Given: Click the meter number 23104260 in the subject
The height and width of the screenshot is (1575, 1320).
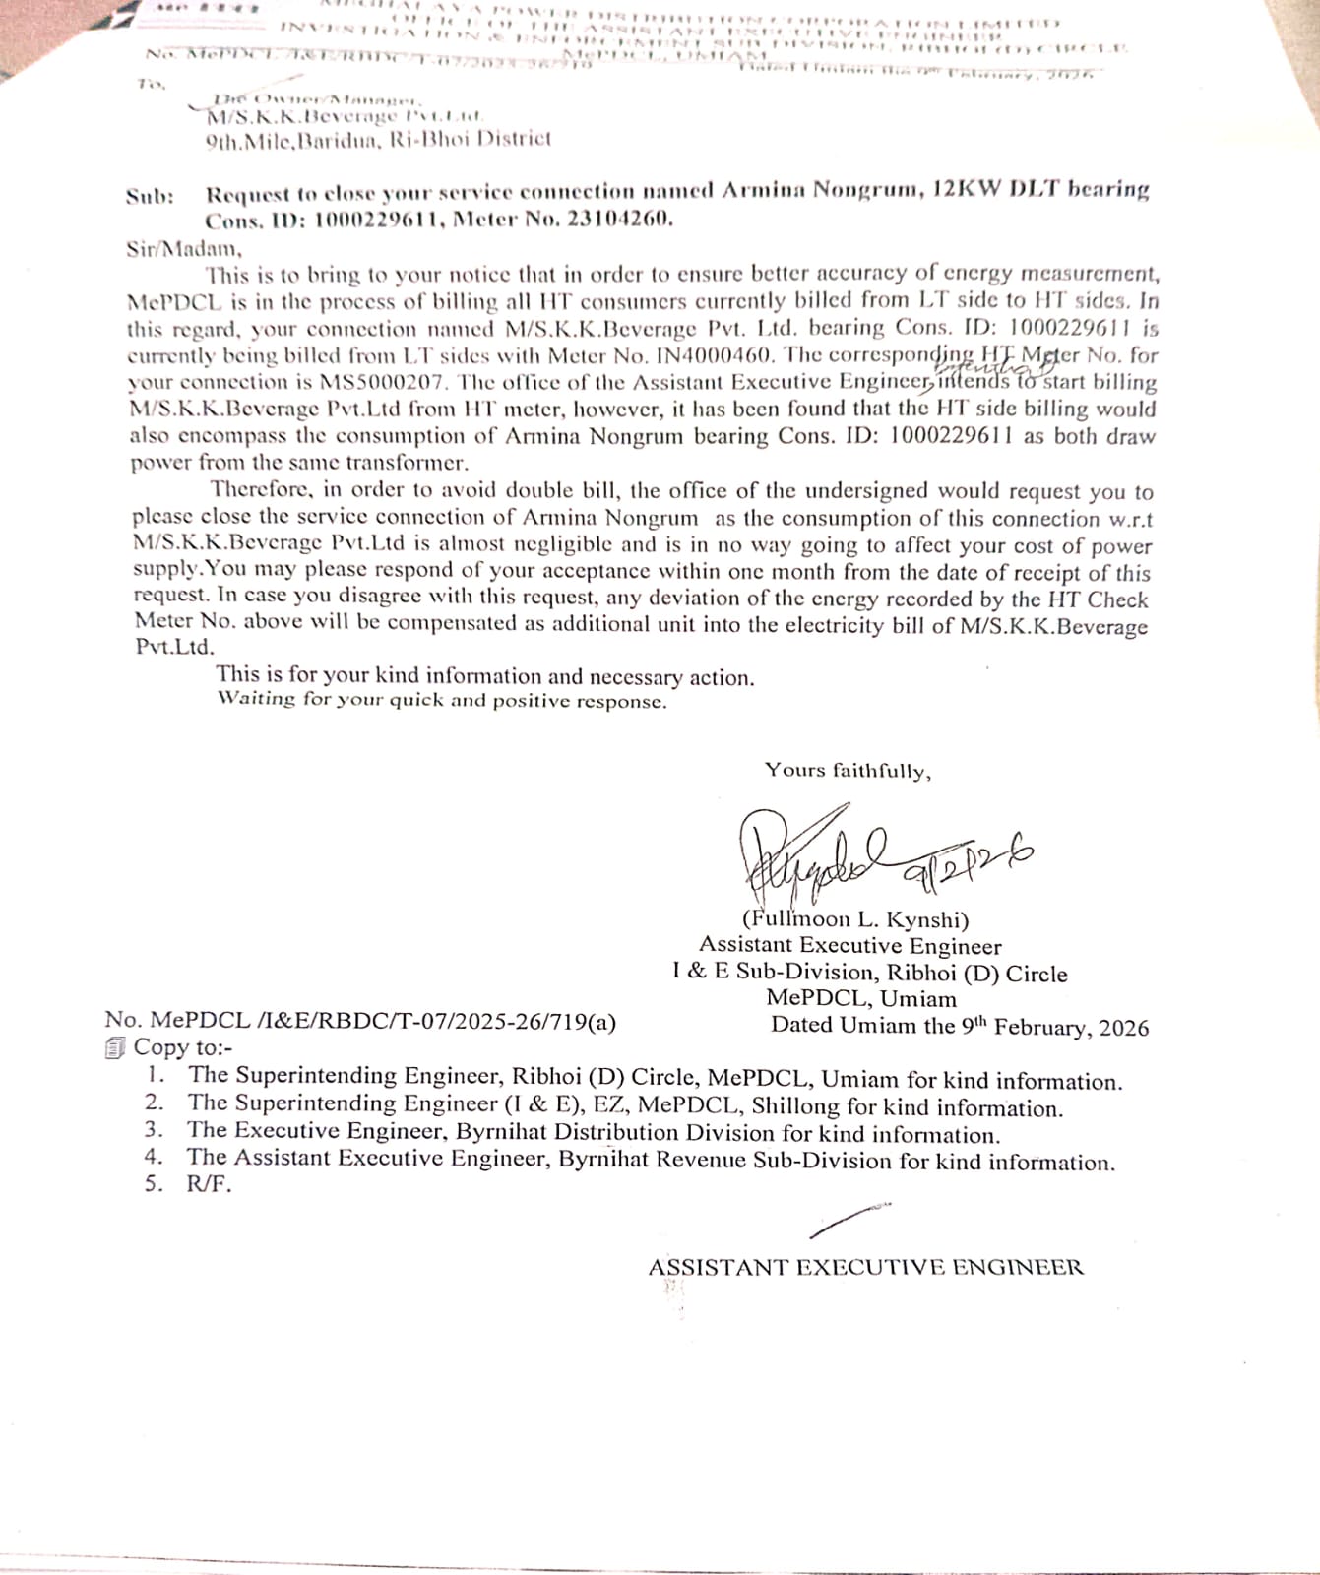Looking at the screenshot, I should [x=619, y=218].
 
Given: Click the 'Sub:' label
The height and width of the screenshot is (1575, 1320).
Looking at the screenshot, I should [x=150, y=196].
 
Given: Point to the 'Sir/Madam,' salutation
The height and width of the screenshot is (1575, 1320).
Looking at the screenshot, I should [x=183, y=248].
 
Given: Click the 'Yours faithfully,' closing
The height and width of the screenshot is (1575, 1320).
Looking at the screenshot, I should [x=848, y=770].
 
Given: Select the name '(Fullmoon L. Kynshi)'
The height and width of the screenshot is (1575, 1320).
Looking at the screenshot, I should [x=855, y=919].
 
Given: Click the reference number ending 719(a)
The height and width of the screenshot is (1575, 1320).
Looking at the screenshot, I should [x=360, y=1021].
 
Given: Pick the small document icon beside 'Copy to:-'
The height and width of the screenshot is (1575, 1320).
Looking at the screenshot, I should [x=115, y=1048].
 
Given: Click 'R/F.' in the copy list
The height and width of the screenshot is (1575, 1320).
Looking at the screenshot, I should [x=209, y=1183].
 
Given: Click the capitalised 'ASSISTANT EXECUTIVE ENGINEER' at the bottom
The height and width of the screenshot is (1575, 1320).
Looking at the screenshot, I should [x=865, y=1267].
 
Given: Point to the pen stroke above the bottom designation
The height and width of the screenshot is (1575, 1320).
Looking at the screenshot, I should [x=849, y=1220].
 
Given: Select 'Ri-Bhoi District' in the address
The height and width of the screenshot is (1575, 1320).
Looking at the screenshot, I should [x=471, y=139].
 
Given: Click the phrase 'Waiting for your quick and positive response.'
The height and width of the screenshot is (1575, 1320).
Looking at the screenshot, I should [x=442, y=700].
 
